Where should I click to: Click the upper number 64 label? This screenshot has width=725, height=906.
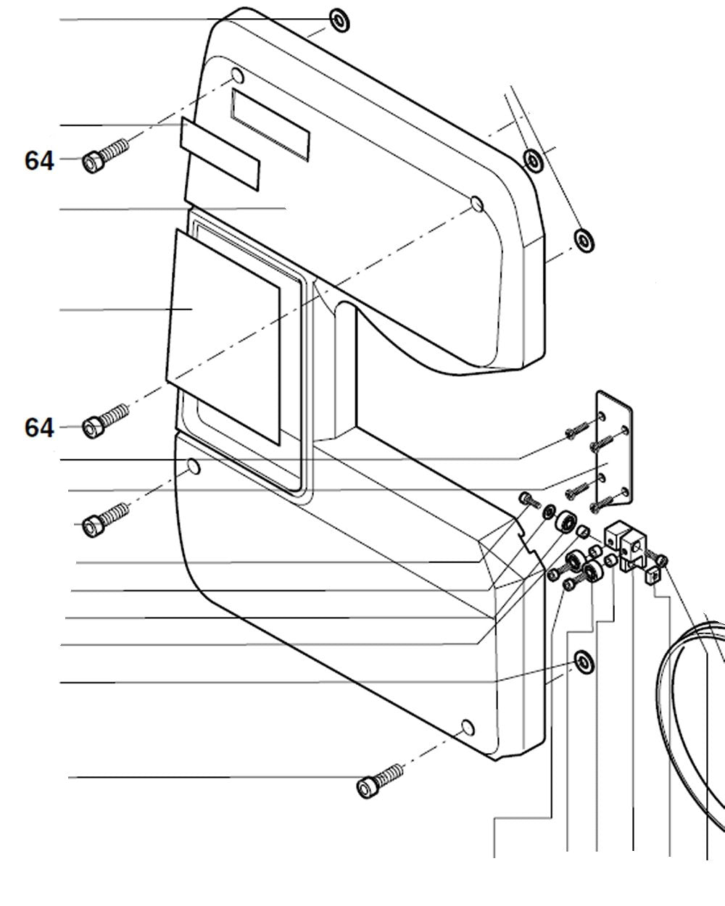(x=39, y=159)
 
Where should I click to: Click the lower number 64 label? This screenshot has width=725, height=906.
(x=39, y=428)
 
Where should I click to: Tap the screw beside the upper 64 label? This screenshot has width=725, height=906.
(x=105, y=154)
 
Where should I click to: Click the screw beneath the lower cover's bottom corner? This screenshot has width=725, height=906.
(x=379, y=781)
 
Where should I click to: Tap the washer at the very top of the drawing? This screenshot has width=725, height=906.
(x=339, y=20)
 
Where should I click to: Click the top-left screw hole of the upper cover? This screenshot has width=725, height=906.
(x=237, y=75)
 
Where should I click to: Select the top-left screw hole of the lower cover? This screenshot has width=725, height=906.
(x=193, y=467)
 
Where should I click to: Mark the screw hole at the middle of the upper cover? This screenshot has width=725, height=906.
(x=476, y=204)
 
